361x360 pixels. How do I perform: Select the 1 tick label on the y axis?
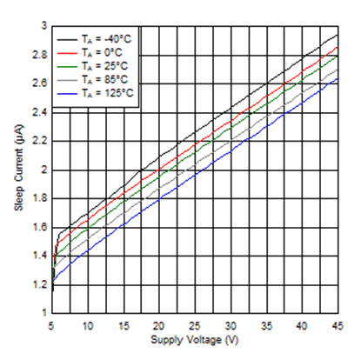point(41,312)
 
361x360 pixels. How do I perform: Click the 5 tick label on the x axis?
point(51,324)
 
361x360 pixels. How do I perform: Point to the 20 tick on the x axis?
point(158,324)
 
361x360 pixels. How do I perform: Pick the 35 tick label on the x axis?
point(265,324)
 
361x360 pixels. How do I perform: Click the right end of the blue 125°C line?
point(337,79)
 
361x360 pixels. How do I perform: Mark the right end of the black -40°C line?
point(337,36)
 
